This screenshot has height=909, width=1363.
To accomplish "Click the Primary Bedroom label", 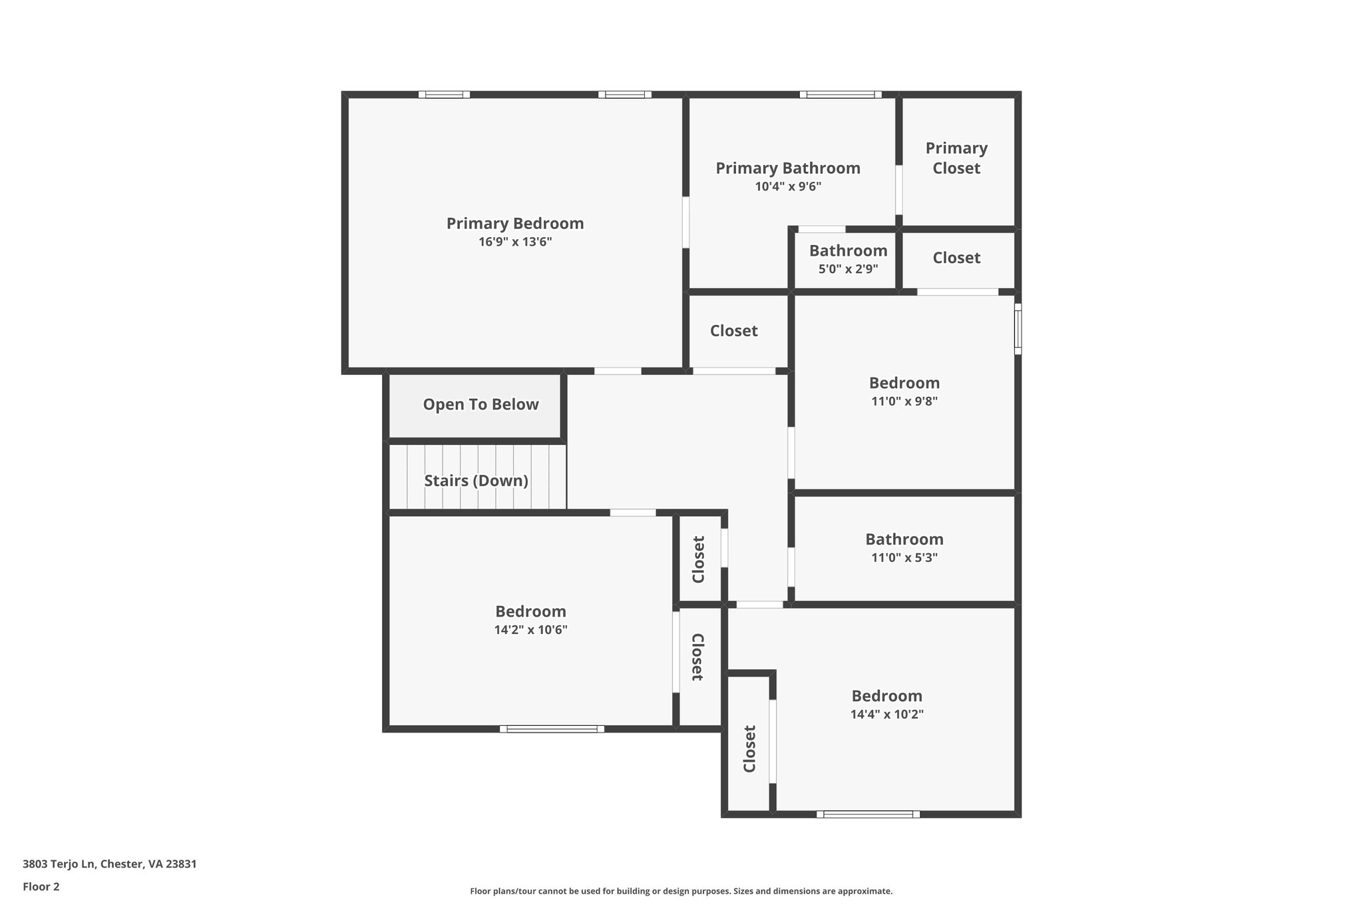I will [514, 224].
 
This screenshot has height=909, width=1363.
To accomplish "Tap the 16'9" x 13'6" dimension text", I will [514, 242].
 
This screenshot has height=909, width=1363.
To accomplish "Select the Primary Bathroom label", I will [787, 168].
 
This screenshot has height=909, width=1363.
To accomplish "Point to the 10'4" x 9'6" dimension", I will [787, 186].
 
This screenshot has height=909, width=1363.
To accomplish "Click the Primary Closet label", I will [956, 158].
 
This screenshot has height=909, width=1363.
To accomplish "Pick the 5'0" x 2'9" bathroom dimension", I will [848, 269].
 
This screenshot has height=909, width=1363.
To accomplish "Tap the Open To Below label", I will [481, 404].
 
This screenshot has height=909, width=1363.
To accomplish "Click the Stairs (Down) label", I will [476, 480].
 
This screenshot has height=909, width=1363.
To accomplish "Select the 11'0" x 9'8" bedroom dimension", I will [904, 401].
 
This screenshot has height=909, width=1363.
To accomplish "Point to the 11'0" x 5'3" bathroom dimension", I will [904, 557].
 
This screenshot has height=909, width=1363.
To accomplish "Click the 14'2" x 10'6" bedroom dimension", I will [530, 629].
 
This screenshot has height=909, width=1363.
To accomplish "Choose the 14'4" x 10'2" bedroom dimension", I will [886, 714].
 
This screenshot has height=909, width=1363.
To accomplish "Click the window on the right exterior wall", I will [1017, 328].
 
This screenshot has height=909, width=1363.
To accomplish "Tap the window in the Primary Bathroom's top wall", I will [841, 95].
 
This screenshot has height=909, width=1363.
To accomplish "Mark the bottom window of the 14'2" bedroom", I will [552, 729].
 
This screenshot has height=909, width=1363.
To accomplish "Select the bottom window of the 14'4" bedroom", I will [868, 814].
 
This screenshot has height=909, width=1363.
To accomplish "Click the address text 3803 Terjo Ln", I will [109, 864].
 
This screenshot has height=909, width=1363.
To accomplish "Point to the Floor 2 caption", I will [41, 886].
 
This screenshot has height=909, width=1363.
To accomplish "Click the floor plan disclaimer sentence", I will [681, 891].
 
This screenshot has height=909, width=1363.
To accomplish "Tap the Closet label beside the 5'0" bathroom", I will [956, 258].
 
